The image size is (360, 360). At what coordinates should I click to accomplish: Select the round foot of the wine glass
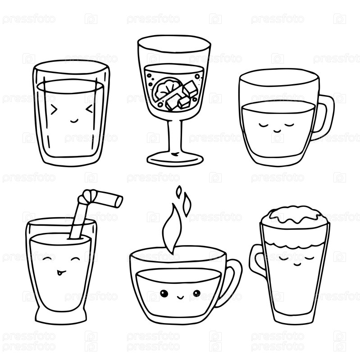[x=175, y=159]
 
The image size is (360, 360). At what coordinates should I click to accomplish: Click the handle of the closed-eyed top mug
[x=325, y=117]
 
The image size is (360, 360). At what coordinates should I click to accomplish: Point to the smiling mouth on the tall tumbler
[x=74, y=121]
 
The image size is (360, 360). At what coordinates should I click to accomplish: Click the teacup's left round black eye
[x=164, y=293]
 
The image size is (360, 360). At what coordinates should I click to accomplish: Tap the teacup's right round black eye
[x=197, y=293]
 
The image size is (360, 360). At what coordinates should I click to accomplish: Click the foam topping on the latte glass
[x=295, y=216]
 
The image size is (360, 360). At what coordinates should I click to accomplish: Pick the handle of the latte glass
[x=257, y=260]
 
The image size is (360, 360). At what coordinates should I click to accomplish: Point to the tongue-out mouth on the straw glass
[x=60, y=273]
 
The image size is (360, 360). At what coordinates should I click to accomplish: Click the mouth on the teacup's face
[x=180, y=297]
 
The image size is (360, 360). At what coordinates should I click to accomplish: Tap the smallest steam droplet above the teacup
[x=178, y=191]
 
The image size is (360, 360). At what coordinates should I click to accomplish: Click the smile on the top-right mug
[x=277, y=131]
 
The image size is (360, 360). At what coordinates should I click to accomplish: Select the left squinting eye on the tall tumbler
[x=54, y=109]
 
